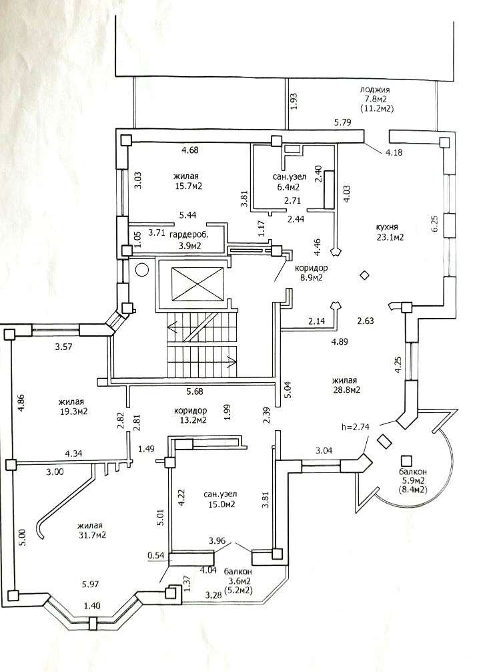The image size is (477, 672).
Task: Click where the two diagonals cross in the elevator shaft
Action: (198, 283)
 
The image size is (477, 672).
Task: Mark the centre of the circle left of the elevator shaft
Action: (141, 270)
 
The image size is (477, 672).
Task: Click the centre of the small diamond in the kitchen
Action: (364, 276)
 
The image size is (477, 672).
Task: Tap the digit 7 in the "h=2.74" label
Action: (361, 427)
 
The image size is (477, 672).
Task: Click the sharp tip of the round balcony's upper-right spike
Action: (458, 409)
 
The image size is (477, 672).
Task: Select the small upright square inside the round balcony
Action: (406, 461)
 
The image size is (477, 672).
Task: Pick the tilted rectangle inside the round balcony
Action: (384, 442)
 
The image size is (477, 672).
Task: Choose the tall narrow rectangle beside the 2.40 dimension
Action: (330, 190)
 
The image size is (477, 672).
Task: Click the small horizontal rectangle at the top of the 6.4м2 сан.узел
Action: (294, 150)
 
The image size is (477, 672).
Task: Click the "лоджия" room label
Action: (375, 90)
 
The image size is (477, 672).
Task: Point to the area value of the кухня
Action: (390, 236)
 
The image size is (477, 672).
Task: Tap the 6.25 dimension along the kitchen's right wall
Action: (436, 223)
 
